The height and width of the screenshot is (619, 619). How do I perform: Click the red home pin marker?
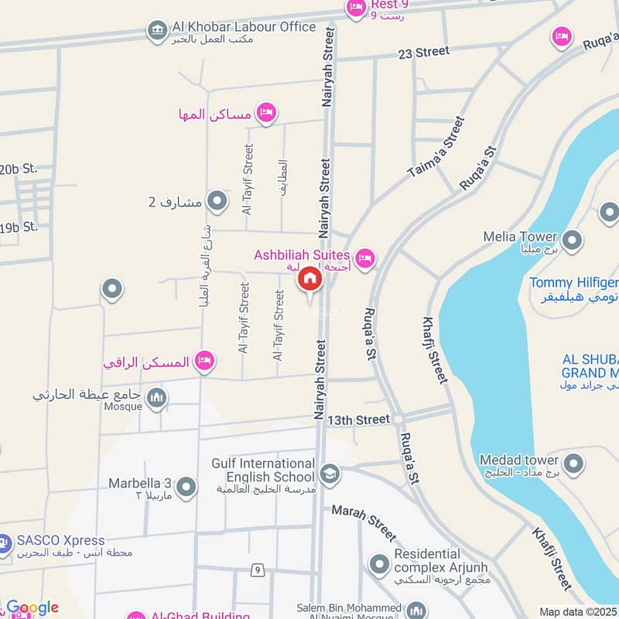[x=309, y=279]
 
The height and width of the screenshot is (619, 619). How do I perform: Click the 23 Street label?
[x=423, y=52]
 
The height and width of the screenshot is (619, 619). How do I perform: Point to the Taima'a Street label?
[x=438, y=148]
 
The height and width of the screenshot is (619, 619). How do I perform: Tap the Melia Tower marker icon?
[x=573, y=241]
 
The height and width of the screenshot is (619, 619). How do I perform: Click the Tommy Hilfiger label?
[x=573, y=282]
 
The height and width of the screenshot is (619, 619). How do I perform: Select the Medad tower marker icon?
[x=573, y=463]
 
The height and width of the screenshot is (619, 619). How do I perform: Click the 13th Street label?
[x=358, y=419]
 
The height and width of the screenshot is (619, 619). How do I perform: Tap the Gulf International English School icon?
[x=330, y=472]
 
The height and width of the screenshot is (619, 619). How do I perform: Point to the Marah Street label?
[x=363, y=523]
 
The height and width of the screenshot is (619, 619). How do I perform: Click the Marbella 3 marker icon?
[x=186, y=487]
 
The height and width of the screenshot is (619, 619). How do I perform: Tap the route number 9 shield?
[x=257, y=570]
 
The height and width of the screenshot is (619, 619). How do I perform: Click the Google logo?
[x=32, y=607]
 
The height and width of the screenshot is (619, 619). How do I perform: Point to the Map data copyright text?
[x=578, y=611]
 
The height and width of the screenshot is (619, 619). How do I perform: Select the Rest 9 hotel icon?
[x=357, y=9]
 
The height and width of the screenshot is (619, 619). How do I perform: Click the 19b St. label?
[x=19, y=227]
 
